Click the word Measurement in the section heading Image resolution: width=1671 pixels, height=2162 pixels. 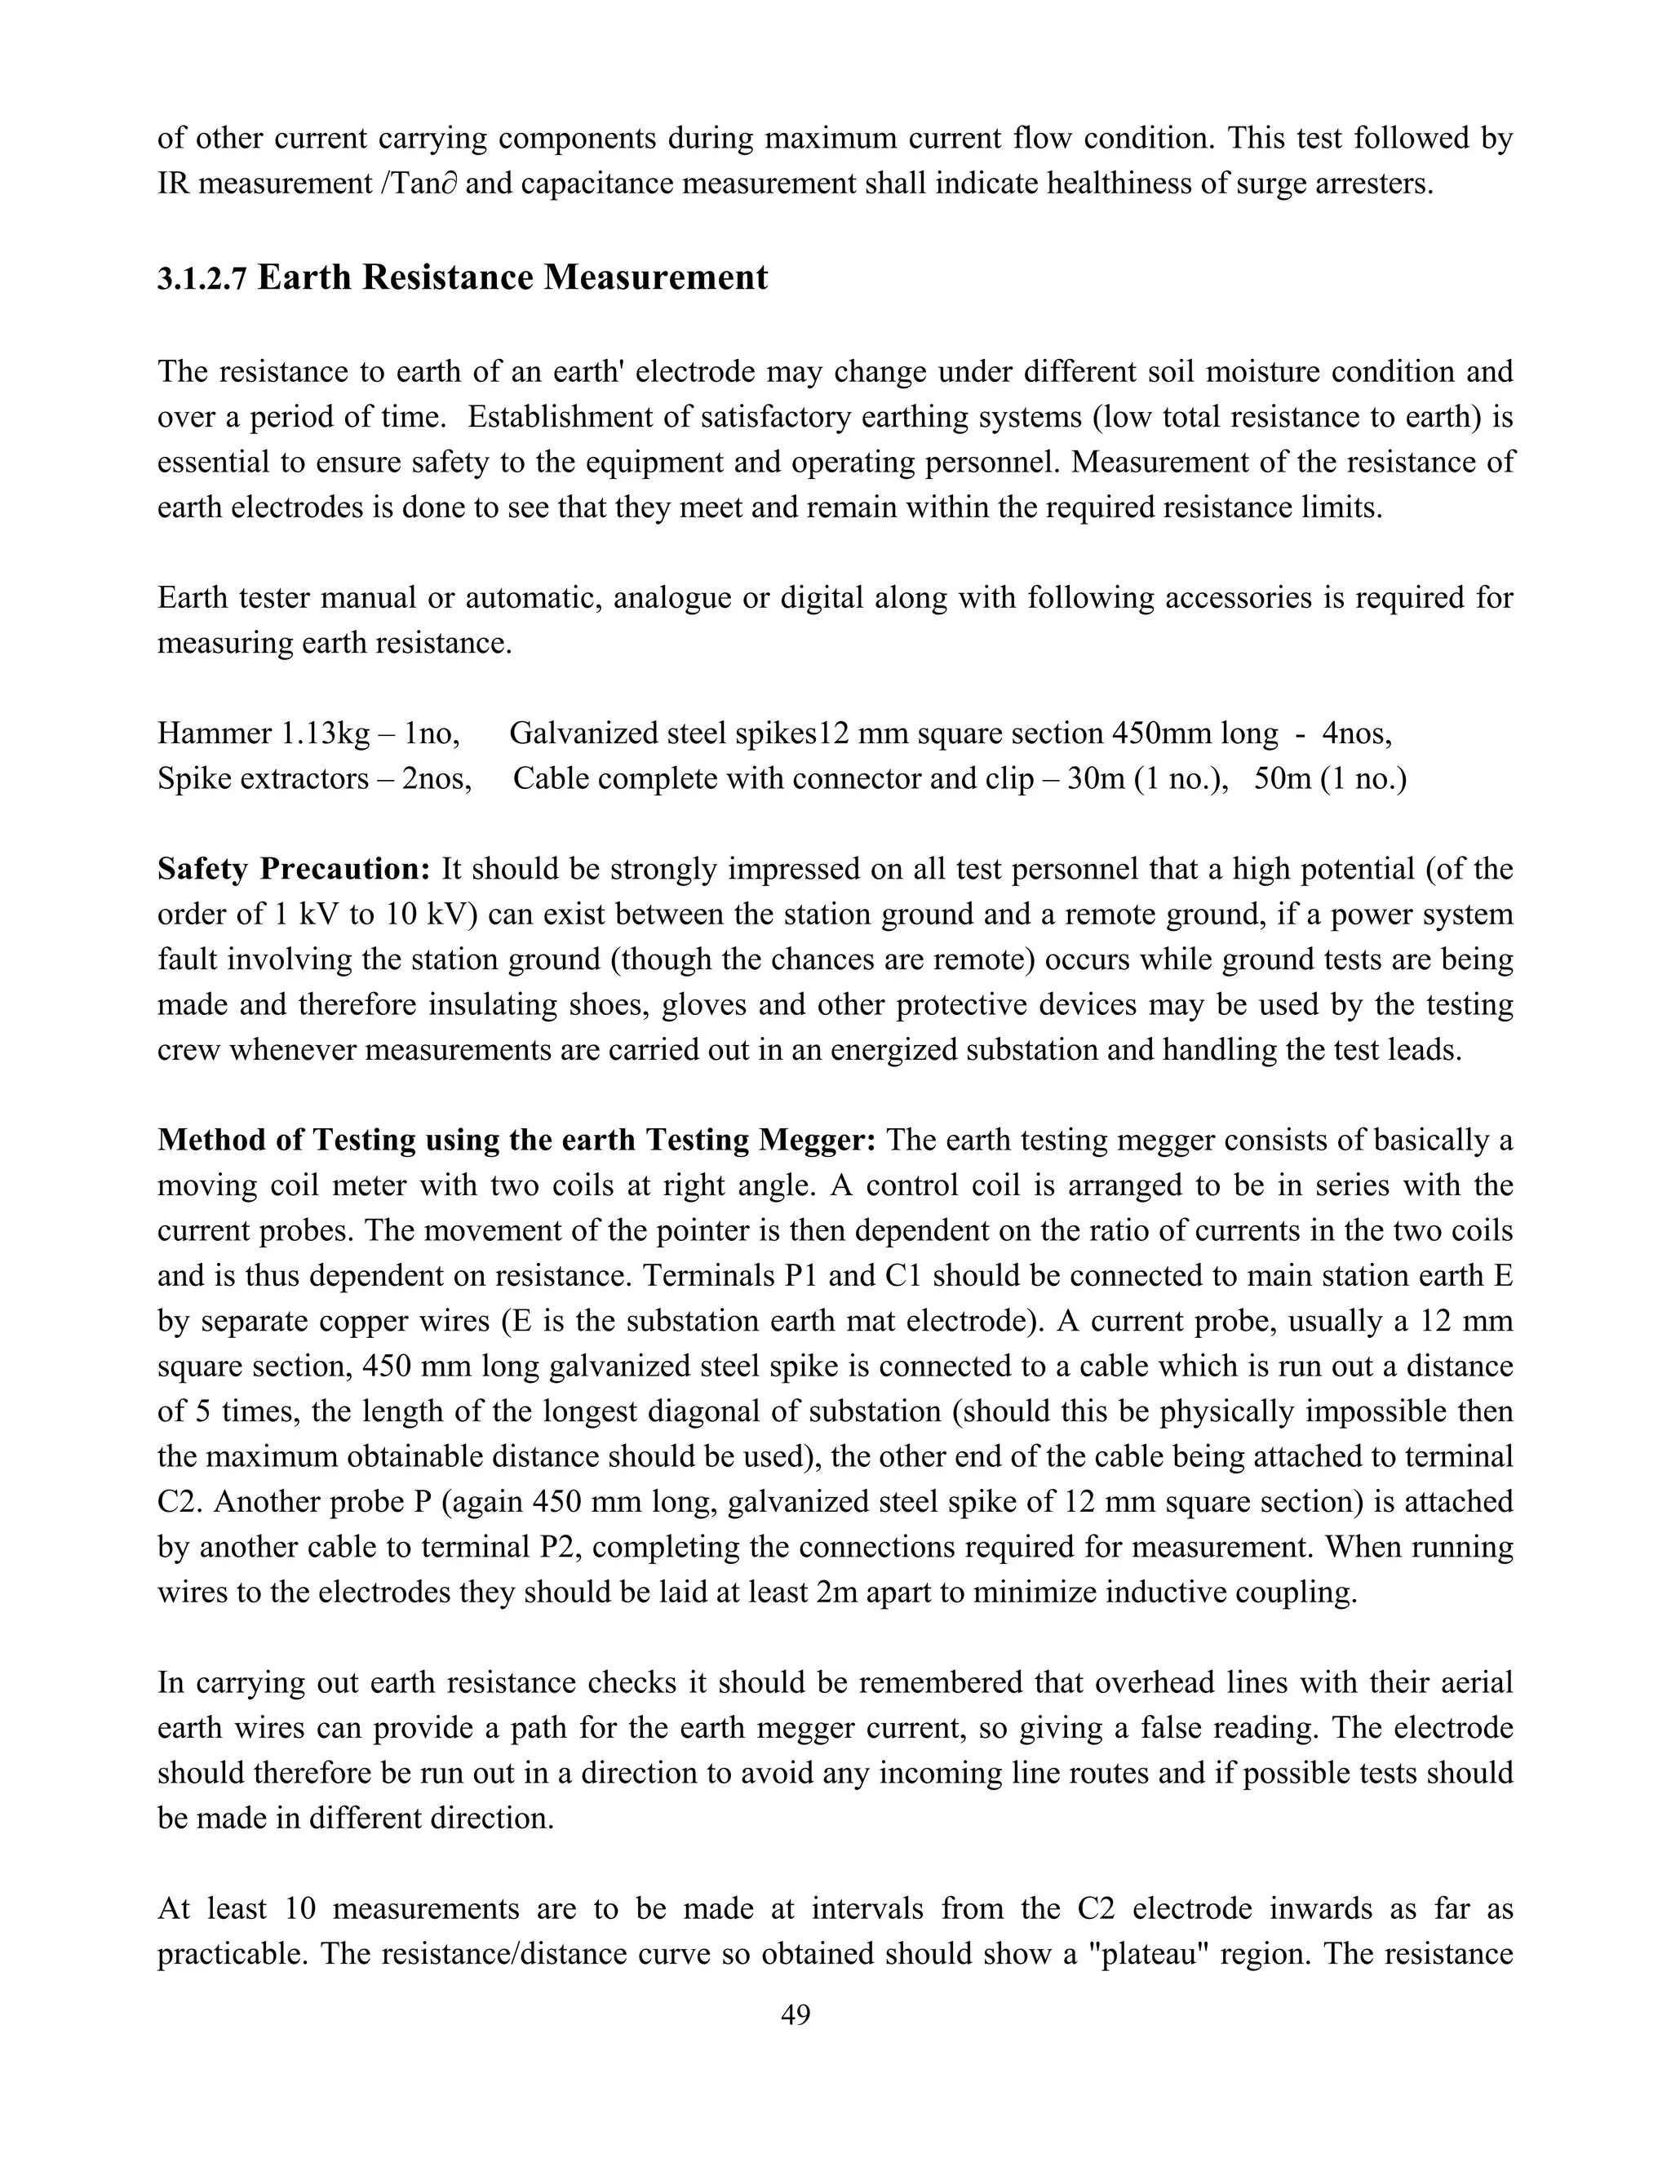654,278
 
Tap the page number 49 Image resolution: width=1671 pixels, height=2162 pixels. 795,2014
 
